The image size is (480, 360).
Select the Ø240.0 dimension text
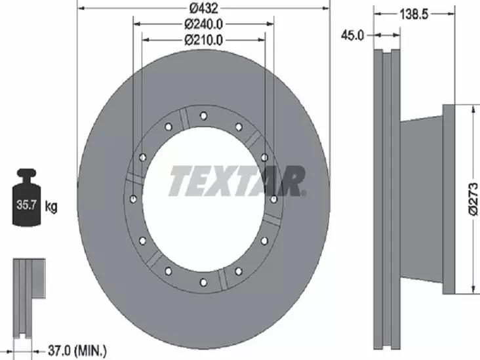[x=203, y=25]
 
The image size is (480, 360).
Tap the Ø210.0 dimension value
[x=203, y=40]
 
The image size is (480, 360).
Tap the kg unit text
[x=51, y=207]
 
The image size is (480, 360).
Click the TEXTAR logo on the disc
[x=236, y=182]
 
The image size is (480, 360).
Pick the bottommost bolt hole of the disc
[x=203, y=283]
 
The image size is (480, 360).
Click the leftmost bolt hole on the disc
[x=134, y=199]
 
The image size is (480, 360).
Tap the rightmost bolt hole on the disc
[x=273, y=199]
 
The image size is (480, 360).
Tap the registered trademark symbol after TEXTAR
[x=304, y=193]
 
